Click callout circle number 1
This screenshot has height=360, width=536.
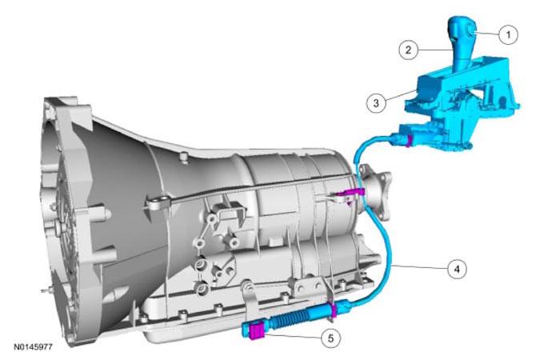pyautogui.click(x=508, y=34)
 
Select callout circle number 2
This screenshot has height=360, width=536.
pyautogui.click(x=409, y=50)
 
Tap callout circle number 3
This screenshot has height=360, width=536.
pyautogui.click(x=376, y=102)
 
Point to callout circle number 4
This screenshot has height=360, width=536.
pyautogui.click(x=457, y=269)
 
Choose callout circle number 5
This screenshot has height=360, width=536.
pyautogui.click(x=330, y=338)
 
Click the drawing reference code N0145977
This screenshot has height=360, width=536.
pyautogui.click(x=33, y=347)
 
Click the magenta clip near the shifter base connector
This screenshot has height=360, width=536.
pyautogui.click(x=407, y=141)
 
